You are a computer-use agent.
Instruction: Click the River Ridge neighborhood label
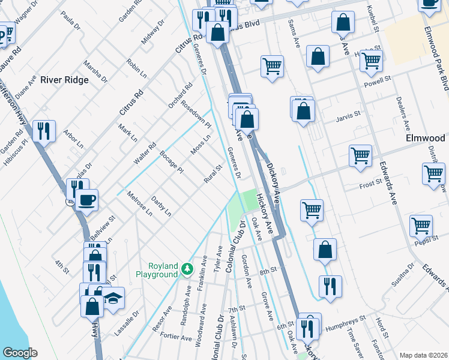(64, 80)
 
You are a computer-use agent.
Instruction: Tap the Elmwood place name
(425, 138)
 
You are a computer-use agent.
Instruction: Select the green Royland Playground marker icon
(188, 268)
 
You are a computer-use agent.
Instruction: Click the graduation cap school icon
(112, 297)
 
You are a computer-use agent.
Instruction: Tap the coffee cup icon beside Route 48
(87, 199)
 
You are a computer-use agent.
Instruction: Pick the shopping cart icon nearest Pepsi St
(421, 226)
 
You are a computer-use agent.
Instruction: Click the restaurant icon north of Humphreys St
(330, 286)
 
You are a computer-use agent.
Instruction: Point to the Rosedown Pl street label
(197, 113)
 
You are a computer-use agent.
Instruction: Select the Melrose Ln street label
(139, 202)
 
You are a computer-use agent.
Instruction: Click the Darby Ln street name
(161, 206)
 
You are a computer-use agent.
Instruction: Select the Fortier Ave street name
(177, 337)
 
